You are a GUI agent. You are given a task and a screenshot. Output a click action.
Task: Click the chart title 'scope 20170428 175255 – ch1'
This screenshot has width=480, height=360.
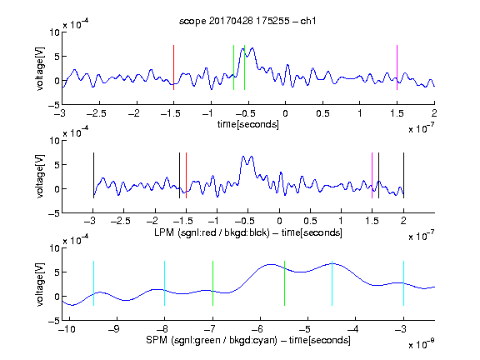tap(247, 21)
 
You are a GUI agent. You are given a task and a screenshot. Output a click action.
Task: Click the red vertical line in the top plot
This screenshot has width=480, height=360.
tap(174, 67)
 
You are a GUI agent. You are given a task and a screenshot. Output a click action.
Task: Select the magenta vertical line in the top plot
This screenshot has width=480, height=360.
tap(397, 67)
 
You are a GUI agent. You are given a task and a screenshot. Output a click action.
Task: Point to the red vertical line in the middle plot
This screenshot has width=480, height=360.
tap(186, 175)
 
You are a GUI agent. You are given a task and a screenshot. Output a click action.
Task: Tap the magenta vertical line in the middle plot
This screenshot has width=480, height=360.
tap(372, 175)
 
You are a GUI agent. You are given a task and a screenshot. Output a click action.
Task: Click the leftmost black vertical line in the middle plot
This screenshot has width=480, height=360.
tap(93, 175)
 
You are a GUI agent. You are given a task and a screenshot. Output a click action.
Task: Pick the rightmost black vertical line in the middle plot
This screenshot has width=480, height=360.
tap(403, 175)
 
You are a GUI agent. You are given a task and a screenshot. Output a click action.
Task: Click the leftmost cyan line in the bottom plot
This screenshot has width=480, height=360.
tap(93, 283)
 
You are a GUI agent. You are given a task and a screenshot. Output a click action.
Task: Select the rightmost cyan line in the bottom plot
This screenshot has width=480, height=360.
tap(403, 283)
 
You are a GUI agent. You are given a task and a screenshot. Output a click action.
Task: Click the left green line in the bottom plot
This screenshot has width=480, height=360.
tap(212, 283)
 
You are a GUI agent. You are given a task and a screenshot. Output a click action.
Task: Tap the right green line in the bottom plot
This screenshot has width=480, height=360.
tap(284, 283)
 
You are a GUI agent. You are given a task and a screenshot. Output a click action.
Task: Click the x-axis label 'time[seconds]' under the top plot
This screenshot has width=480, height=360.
tap(248, 124)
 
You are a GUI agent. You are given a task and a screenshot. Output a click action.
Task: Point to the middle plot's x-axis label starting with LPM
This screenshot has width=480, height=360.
tap(248, 232)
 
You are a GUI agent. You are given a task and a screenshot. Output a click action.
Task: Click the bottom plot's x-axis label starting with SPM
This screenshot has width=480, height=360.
tap(248, 340)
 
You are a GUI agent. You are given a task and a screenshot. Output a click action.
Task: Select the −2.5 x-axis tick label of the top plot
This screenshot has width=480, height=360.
tap(96, 113)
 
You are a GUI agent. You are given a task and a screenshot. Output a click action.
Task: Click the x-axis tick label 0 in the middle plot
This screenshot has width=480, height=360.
tap(279, 221)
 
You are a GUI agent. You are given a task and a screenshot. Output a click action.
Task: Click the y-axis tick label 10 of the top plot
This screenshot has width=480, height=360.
tap(55, 32)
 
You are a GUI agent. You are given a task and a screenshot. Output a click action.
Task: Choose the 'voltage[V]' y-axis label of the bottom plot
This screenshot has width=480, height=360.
tap(40, 284)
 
